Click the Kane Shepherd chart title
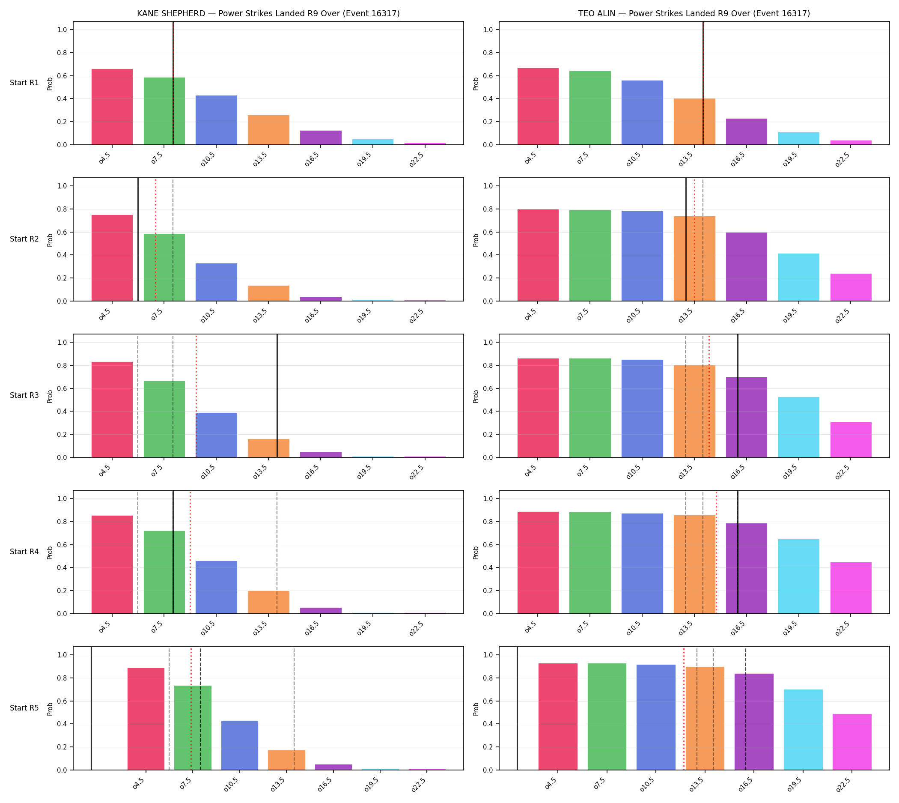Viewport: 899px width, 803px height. pyautogui.click(x=268, y=13)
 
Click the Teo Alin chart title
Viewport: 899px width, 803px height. pyautogui.click(x=694, y=13)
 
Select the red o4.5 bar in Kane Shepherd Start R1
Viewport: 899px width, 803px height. pyautogui.click(x=112, y=107)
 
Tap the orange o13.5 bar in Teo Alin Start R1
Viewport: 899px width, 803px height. pyautogui.click(x=694, y=121)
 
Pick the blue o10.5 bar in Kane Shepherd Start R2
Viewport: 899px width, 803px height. pyautogui.click(x=216, y=282)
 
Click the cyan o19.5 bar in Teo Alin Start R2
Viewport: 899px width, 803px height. pyautogui.click(x=798, y=277)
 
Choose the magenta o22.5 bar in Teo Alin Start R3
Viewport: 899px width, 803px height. pyautogui.click(x=851, y=439)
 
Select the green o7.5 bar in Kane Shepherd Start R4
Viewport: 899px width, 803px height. pyautogui.click(x=164, y=572)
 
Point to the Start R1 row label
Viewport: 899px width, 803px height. pyautogui.click(x=24, y=83)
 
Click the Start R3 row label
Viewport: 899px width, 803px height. pyautogui.click(x=24, y=395)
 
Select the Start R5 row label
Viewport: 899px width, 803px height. pyautogui.click(x=24, y=707)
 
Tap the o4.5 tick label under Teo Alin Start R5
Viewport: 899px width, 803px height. pyautogui.click(x=552, y=785)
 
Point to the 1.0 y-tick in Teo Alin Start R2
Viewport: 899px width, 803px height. pyautogui.click(x=489, y=186)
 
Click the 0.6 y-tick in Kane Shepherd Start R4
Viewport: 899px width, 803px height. pyautogui.click(x=63, y=545)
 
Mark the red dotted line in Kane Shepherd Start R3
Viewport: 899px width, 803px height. pyautogui.click(x=196, y=396)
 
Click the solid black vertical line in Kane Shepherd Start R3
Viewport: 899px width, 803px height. pyautogui.click(x=277, y=396)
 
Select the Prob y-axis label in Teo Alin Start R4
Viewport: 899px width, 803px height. pyautogui.click(x=476, y=552)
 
